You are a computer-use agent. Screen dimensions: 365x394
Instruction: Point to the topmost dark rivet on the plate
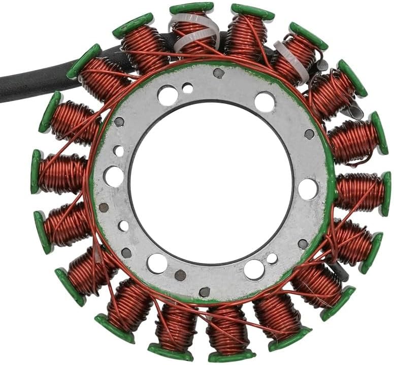pos(218,73)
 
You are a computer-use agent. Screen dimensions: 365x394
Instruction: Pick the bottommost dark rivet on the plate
pos(205,292)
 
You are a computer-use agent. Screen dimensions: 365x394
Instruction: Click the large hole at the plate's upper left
pos(167,95)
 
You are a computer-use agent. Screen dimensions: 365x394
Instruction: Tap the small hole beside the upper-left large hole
pos(187,88)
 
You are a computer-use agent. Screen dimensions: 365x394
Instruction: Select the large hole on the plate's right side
pos(308,189)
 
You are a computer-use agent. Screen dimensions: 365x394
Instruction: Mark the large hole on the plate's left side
pos(113,177)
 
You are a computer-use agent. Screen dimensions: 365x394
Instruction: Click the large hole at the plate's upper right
pos(265,102)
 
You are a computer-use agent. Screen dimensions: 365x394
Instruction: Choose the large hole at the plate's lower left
pos(157,263)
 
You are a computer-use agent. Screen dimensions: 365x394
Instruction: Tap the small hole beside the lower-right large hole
pos(273,258)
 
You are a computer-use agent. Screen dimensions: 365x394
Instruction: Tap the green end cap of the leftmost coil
pos(36,171)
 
